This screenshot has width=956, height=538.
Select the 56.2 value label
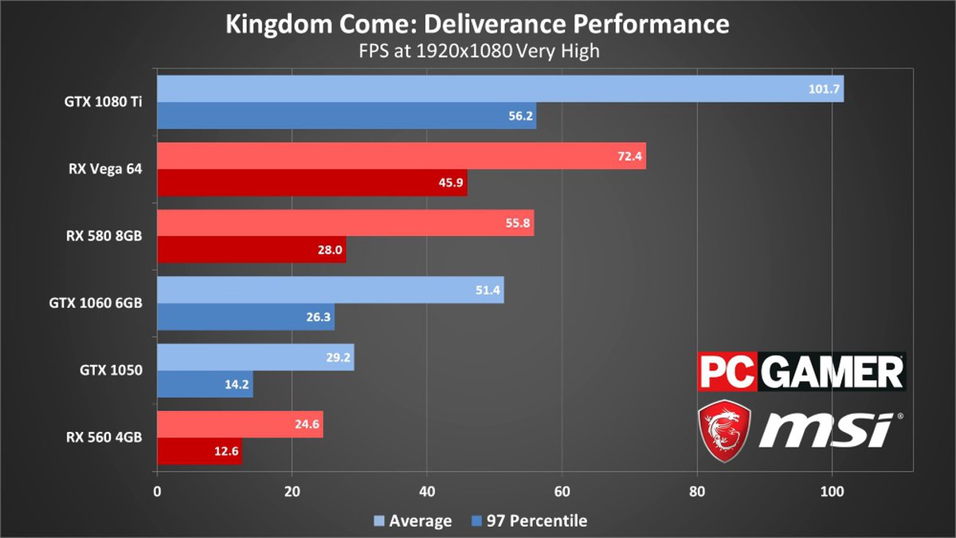coord(519,116)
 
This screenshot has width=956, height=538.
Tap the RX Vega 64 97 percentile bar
coord(311,183)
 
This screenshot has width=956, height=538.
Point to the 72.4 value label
coord(629,156)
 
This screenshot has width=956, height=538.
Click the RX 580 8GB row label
coord(104,236)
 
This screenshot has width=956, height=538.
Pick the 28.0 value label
coord(329,249)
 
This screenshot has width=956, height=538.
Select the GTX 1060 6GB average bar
coord(330,290)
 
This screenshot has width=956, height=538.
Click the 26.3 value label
coord(318,317)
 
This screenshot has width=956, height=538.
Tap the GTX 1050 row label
coord(111,370)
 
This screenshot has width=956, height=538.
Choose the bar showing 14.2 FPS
coord(205,384)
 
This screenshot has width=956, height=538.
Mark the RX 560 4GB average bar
coord(240,424)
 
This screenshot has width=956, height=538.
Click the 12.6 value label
coord(225,451)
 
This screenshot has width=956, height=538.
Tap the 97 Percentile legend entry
coord(529,521)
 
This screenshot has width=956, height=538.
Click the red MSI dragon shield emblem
coord(724,430)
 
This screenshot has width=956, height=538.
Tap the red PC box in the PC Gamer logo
coord(727,372)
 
